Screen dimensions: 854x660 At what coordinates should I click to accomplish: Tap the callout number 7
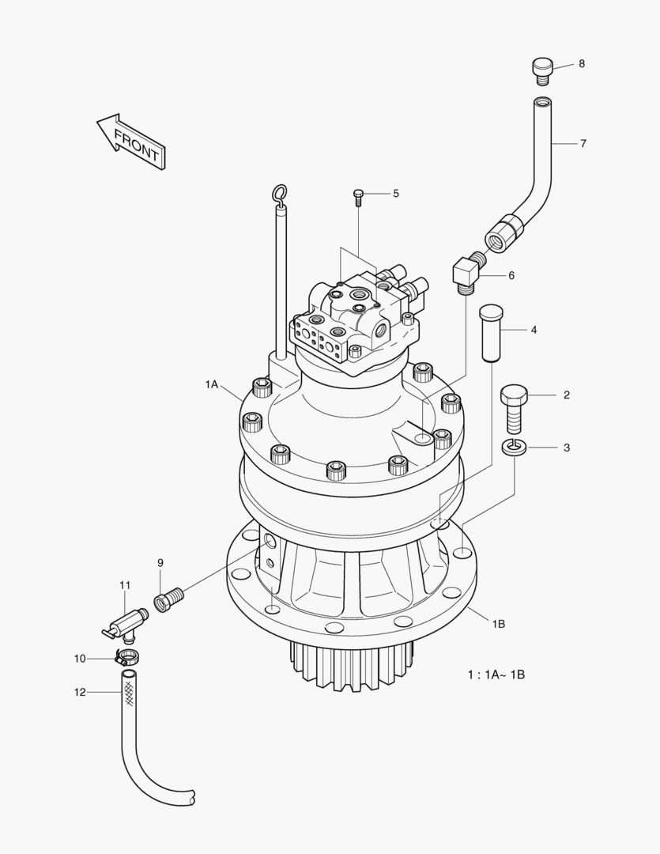click(x=583, y=143)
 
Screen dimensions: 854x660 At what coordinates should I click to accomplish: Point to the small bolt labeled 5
click(x=358, y=196)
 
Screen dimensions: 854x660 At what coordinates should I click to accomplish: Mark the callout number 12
click(x=80, y=692)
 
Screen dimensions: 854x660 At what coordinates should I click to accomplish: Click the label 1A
click(x=210, y=384)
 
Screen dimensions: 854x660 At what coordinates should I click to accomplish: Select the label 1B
click(x=498, y=624)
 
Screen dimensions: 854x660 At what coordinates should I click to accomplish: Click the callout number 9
click(x=160, y=562)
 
